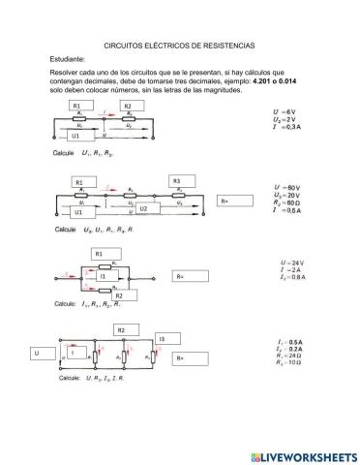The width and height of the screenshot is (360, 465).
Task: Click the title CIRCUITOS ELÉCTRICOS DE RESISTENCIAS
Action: tap(179, 46)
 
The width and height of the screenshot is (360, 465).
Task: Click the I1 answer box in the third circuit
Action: tap(107, 276)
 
